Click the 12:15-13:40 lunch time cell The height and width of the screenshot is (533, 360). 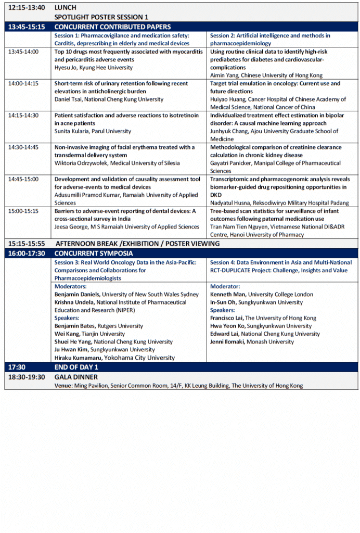tap(26, 8)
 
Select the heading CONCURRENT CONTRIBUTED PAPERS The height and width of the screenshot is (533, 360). tap(112, 27)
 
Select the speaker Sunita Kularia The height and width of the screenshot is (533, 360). tap(72, 131)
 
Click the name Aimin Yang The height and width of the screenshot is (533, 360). tap(224, 75)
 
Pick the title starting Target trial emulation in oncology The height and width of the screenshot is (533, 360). tap(275, 83)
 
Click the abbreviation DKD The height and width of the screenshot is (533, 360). tap(216, 195)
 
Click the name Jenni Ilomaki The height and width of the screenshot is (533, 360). tap(229, 341)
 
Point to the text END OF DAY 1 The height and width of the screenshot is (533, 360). tap(76, 367)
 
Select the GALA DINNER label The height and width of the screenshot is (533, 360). tap(76, 377)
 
